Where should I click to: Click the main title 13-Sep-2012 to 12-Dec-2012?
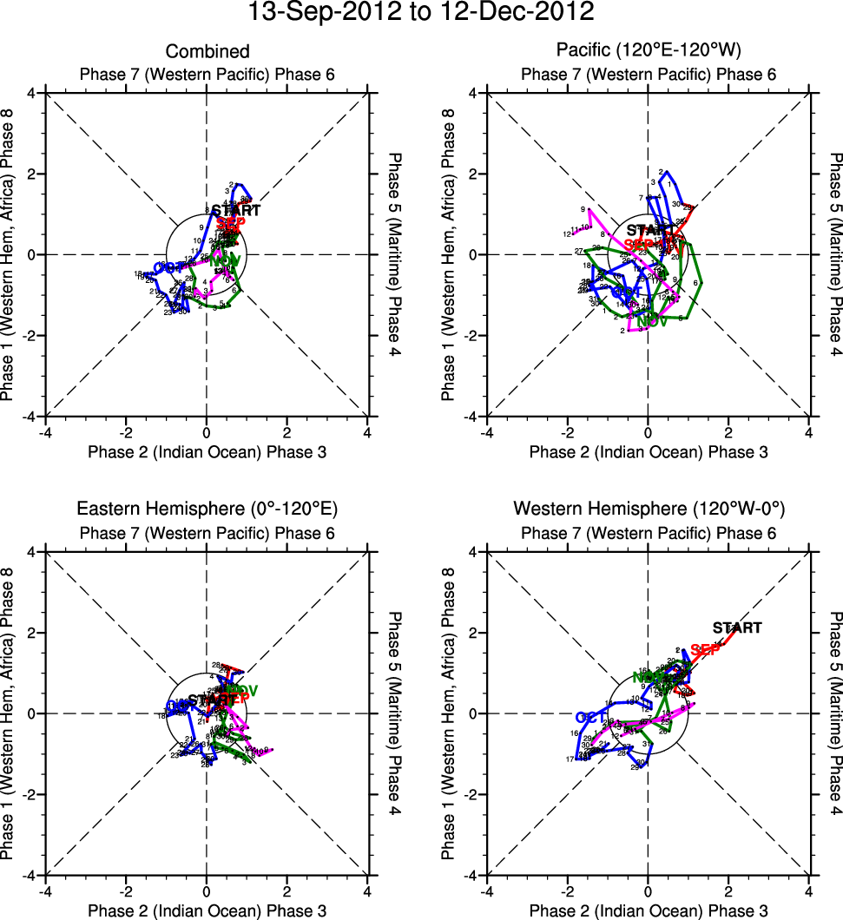coord(421,13)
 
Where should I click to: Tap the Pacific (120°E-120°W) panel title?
coord(648,52)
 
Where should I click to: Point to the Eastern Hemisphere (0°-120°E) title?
coord(207,509)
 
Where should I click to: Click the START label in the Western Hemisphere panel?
coord(737,628)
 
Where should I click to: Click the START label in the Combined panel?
coord(235,210)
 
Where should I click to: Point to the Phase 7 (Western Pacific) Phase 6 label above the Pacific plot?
coord(648,75)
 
